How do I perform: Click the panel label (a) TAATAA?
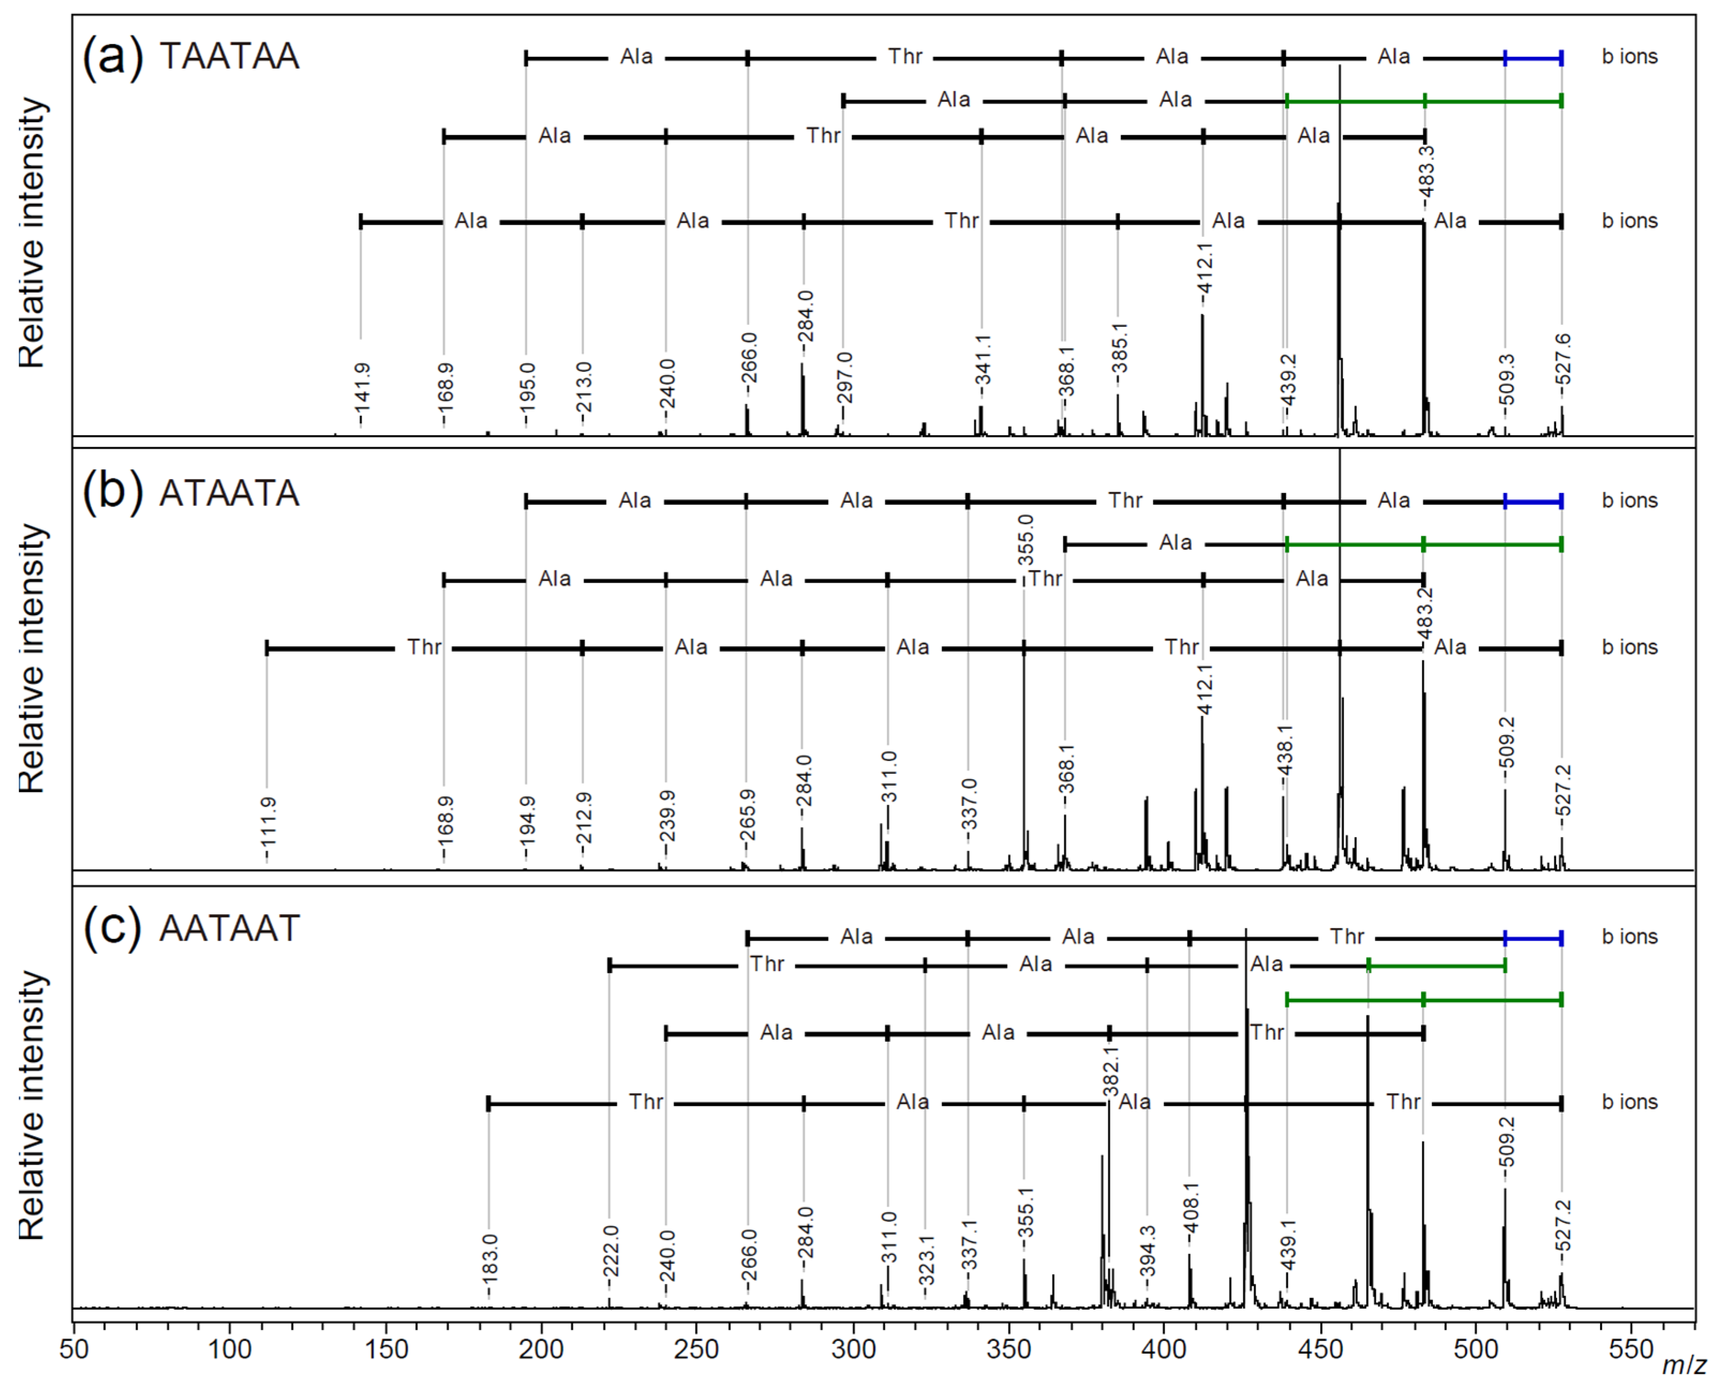coord(190,56)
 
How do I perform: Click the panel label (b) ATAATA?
coord(190,492)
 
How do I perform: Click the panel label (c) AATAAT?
coord(190,928)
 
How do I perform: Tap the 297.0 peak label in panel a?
coord(844,377)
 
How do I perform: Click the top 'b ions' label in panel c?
coord(1630,937)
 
